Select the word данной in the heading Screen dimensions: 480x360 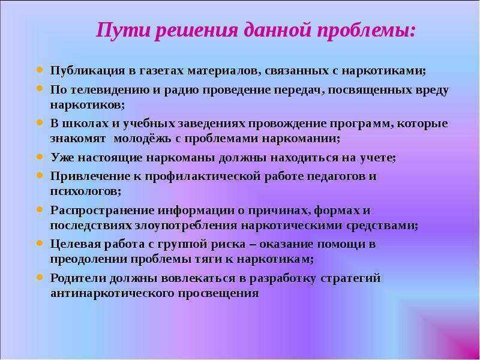277,31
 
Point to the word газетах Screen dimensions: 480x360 161,71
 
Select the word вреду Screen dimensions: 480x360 432,91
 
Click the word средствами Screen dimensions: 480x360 382,226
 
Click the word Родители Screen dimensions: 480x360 79,278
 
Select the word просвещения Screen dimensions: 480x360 218,293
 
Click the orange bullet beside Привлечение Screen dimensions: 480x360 40,175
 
